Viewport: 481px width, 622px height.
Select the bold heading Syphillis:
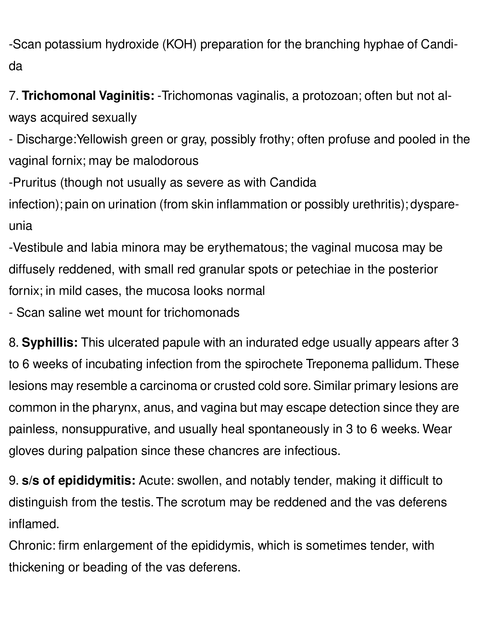[x=50, y=343]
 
